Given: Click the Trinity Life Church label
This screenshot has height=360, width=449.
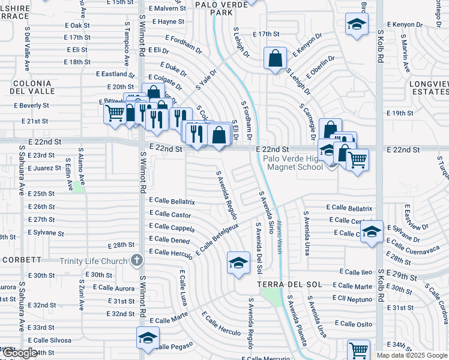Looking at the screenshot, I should [x=93, y=260].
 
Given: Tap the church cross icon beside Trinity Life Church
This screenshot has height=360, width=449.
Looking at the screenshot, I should [x=137, y=260].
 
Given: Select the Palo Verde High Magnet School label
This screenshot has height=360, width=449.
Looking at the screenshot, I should [x=294, y=163].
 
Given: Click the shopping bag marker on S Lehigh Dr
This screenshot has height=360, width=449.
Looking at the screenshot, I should [x=275, y=59].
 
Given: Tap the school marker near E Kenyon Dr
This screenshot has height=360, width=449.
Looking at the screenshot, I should [x=357, y=25].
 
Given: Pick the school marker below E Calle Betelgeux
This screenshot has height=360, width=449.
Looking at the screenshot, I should [x=238, y=263].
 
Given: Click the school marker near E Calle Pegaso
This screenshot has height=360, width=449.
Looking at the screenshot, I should [x=148, y=338].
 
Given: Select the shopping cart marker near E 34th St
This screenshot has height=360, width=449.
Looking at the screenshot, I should [x=358, y=349].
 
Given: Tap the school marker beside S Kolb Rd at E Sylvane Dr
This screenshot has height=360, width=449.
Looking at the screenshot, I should [x=372, y=232].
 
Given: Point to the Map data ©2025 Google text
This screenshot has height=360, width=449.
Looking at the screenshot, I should [x=411, y=355].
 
